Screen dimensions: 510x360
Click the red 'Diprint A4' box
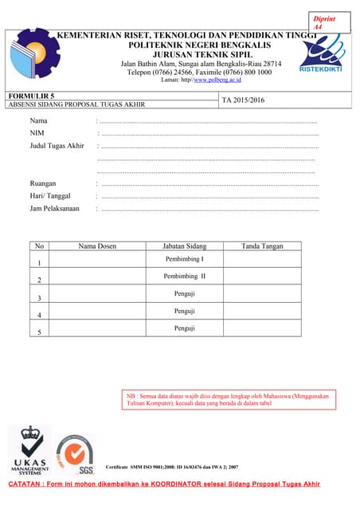click(326, 22)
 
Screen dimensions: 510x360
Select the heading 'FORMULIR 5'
click(30, 96)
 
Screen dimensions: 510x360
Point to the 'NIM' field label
click(37, 132)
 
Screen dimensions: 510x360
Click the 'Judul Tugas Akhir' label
click(57, 146)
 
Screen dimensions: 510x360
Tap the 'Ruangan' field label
click(43, 183)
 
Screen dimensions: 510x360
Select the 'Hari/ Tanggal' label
click(50, 196)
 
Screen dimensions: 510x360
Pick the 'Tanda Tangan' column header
click(262, 246)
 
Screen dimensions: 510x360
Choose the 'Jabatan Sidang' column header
click(184, 246)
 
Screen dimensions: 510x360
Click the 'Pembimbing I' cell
click(184, 260)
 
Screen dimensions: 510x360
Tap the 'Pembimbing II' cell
click(184, 277)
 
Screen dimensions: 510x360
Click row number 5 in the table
click(39, 331)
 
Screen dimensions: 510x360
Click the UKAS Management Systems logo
click(30, 450)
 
